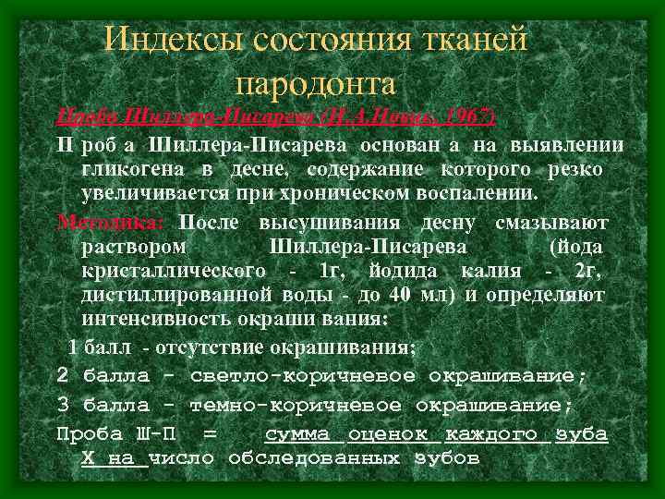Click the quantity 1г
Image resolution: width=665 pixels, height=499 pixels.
pyautogui.click(x=329, y=272)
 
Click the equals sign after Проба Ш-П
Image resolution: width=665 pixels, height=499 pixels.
pyautogui.click(x=211, y=434)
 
